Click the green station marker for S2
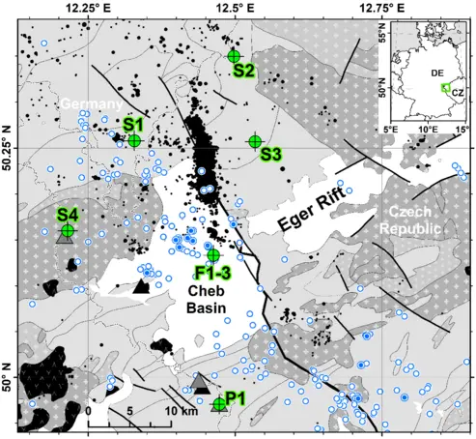click(x=234, y=57)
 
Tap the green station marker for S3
click(x=255, y=141)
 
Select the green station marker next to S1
click(x=135, y=140)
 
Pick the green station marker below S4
click(x=68, y=230)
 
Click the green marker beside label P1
click(x=219, y=403)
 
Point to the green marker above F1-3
click(x=212, y=255)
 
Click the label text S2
click(x=243, y=71)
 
